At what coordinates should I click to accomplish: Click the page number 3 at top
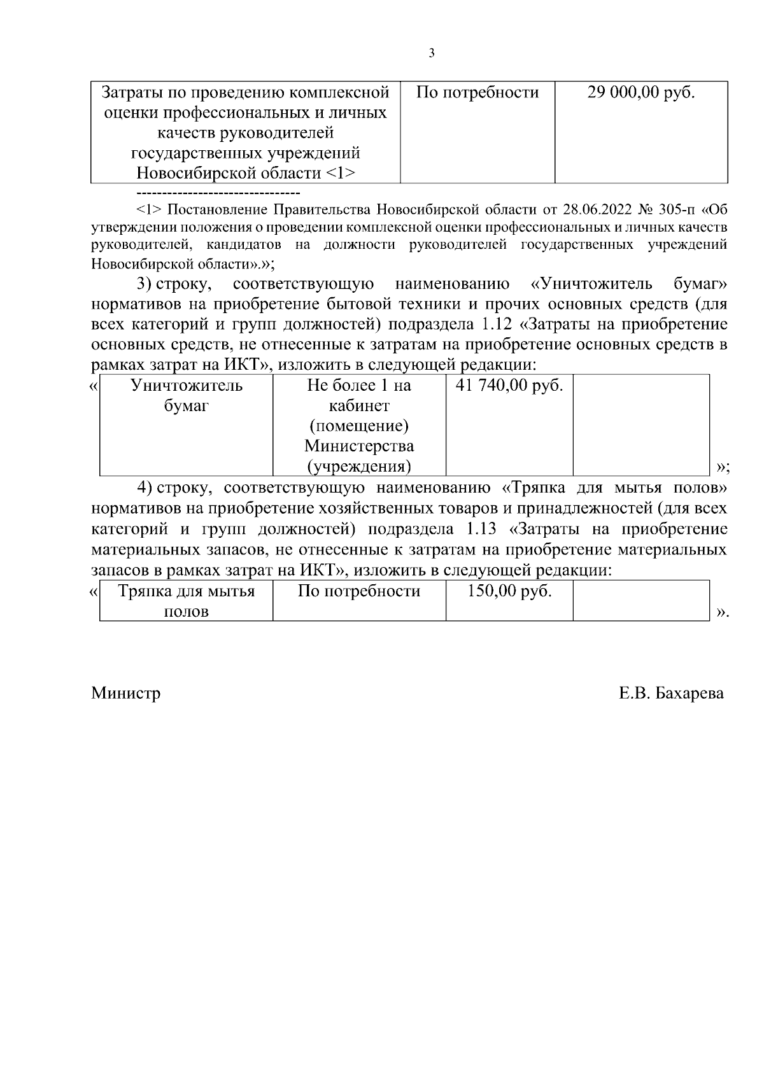click(432, 53)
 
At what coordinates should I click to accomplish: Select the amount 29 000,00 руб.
click(640, 93)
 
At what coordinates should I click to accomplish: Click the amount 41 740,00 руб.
click(509, 386)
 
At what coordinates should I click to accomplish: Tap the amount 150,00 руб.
click(509, 591)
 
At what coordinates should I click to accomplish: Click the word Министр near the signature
click(125, 693)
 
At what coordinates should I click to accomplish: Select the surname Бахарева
click(689, 693)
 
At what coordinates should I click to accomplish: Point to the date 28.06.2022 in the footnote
click(598, 210)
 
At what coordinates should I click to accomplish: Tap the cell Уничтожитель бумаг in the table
click(186, 395)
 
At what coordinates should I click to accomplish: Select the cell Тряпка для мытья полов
click(186, 601)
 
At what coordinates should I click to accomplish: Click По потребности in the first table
click(477, 93)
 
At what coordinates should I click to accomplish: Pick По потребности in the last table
click(359, 591)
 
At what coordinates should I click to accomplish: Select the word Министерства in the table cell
click(359, 446)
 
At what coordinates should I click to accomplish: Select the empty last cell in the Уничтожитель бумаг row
click(640, 424)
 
